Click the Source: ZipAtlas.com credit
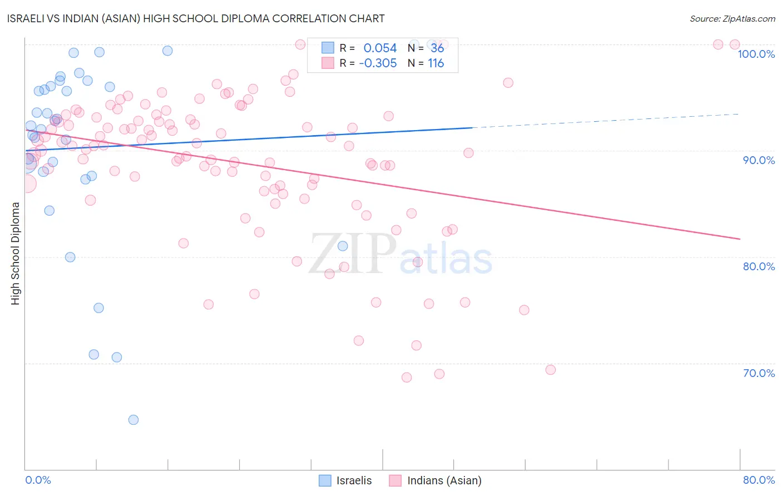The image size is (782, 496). (x=732, y=19)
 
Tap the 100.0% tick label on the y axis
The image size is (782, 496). (x=756, y=54)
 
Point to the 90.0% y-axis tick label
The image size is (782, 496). (x=759, y=160)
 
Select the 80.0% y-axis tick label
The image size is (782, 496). (x=759, y=266)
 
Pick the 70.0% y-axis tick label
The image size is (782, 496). (x=759, y=373)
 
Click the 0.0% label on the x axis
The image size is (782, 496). (x=38, y=480)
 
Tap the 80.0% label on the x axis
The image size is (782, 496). (x=759, y=480)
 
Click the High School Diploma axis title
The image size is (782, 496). (x=16, y=253)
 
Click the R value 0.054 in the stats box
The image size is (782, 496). (x=380, y=48)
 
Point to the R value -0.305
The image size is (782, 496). (x=378, y=63)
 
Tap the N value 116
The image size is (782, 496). (x=435, y=63)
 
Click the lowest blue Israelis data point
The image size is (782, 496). (x=133, y=420)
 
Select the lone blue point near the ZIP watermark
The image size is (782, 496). (x=343, y=246)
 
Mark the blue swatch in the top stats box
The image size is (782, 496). (x=328, y=48)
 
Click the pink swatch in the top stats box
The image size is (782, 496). (x=328, y=63)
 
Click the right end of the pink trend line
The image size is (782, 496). (x=739, y=239)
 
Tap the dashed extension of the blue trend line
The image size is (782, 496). (x=606, y=121)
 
